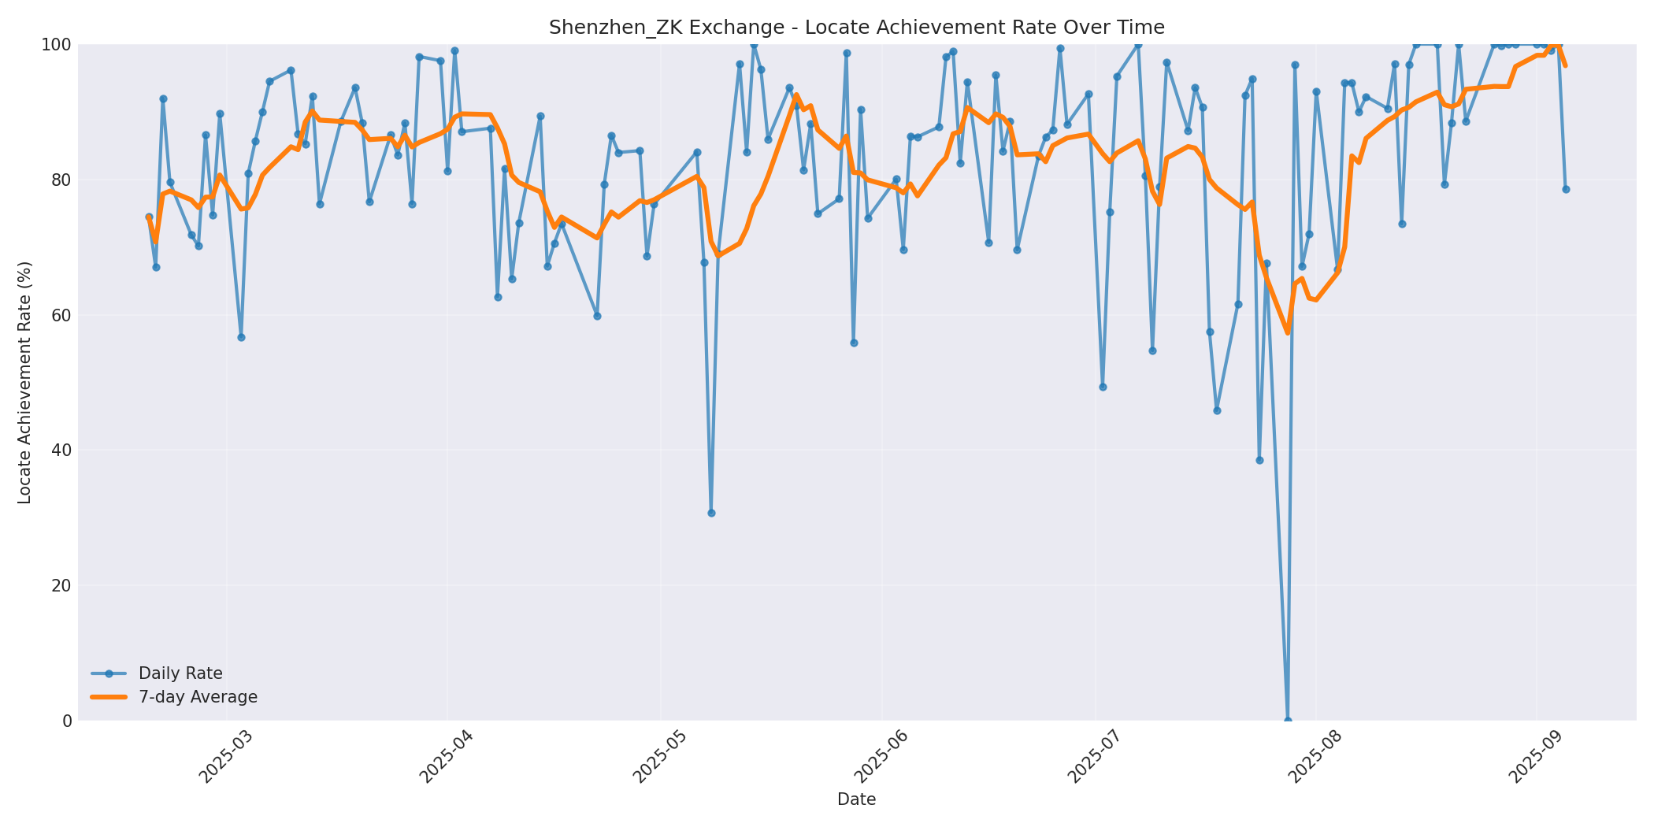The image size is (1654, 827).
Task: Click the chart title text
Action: [856, 28]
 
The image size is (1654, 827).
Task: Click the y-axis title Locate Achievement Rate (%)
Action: [24, 383]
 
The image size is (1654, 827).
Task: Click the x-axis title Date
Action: [856, 799]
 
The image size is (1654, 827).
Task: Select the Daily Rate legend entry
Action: [180, 673]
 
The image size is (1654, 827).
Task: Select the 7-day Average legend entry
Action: [198, 697]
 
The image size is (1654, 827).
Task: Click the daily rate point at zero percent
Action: [1288, 720]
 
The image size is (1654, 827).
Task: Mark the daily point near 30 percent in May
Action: [711, 513]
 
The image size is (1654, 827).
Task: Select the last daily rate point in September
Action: [1566, 189]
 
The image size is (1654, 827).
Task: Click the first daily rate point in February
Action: [149, 217]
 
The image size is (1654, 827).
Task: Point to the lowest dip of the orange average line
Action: [1288, 332]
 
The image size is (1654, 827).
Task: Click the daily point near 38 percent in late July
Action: [1259, 460]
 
